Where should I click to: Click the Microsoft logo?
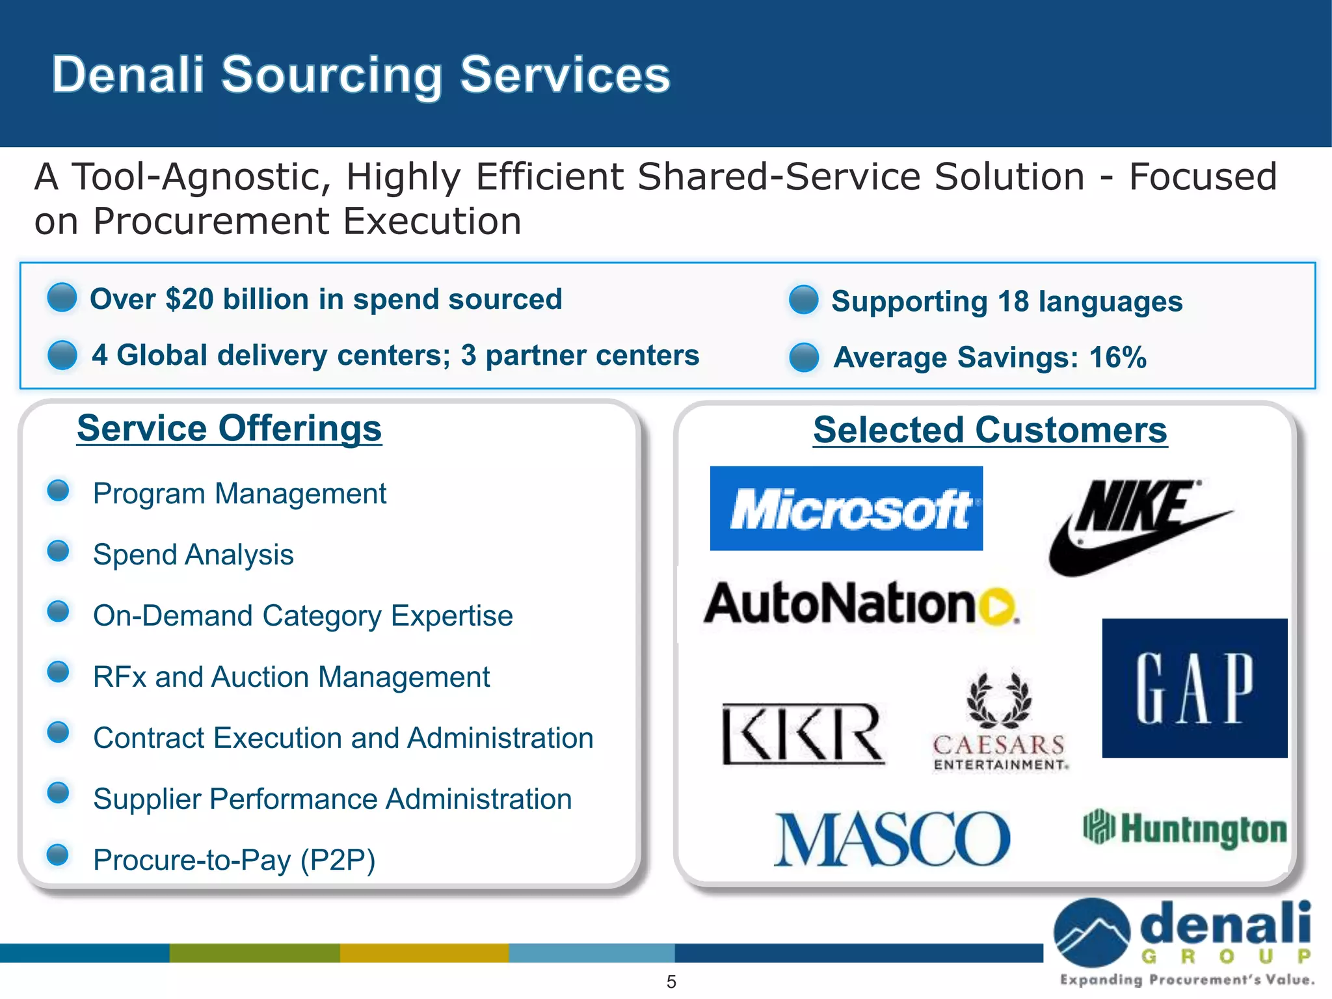[x=846, y=509]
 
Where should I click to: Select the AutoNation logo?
[x=860, y=604]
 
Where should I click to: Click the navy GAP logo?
[x=1195, y=688]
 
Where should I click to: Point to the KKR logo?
[x=803, y=733]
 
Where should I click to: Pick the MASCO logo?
[x=892, y=840]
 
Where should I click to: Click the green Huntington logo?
[x=1184, y=829]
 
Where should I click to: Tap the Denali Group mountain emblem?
[x=1091, y=932]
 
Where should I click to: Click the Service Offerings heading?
[x=229, y=429]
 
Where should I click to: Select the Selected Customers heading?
[x=990, y=431]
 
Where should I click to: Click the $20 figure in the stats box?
[x=189, y=300]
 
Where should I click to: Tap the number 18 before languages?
[x=1013, y=302]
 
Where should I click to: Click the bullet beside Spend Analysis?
[x=59, y=552]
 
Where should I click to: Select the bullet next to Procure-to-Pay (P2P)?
[x=59, y=855]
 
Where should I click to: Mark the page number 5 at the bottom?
[x=671, y=981]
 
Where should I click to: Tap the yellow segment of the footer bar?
[x=424, y=953]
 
